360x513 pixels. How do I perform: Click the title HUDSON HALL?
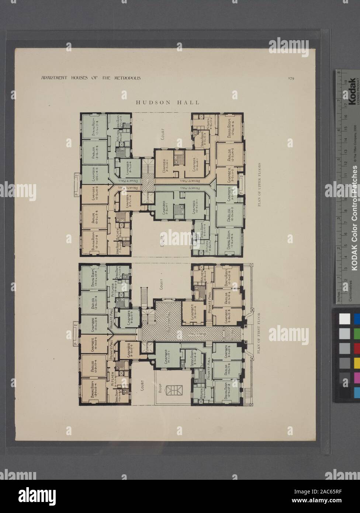click(168, 103)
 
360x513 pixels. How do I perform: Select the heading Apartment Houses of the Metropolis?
click(89, 78)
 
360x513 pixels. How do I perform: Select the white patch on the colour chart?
click(344, 318)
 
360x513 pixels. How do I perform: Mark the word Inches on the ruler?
click(339, 295)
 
